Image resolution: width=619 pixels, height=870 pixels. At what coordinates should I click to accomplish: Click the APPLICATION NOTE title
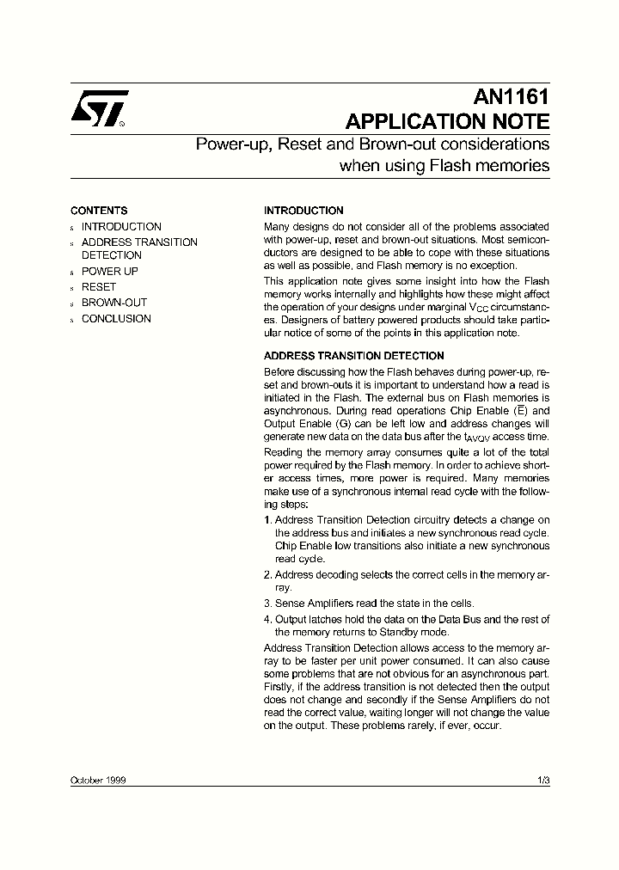click(446, 121)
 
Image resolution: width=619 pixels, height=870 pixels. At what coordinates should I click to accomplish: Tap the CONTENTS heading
click(99, 211)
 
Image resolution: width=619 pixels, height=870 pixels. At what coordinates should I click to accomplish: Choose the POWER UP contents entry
click(110, 272)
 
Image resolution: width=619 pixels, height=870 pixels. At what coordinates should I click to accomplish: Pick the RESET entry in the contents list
click(99, 287)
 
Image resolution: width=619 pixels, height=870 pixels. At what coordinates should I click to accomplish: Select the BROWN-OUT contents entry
click(114, 303)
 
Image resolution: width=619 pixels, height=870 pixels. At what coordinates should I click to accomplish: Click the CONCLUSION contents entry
click(116, 319)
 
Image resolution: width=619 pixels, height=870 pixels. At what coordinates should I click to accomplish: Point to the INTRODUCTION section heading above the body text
click(303, 211)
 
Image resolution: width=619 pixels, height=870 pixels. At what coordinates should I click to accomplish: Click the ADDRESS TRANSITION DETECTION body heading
click(353, 356)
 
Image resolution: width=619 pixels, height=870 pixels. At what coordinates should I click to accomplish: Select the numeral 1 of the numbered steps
click(267, 520)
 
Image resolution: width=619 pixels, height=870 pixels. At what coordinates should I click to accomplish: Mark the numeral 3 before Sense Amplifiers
click(267, 603)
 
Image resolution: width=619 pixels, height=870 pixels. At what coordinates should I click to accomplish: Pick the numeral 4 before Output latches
click(267, 620)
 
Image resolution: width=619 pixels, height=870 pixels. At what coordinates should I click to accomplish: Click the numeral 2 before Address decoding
click(267, 575)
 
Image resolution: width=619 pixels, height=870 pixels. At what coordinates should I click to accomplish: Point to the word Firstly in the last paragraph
click(279, 687)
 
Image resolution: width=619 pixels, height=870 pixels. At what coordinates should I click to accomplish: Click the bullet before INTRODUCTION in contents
click(73, 228)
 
